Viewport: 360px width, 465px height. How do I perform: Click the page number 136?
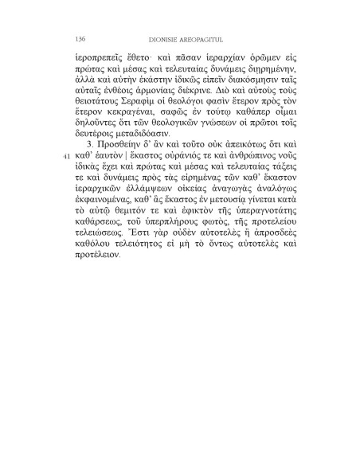[x=80, y=37]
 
